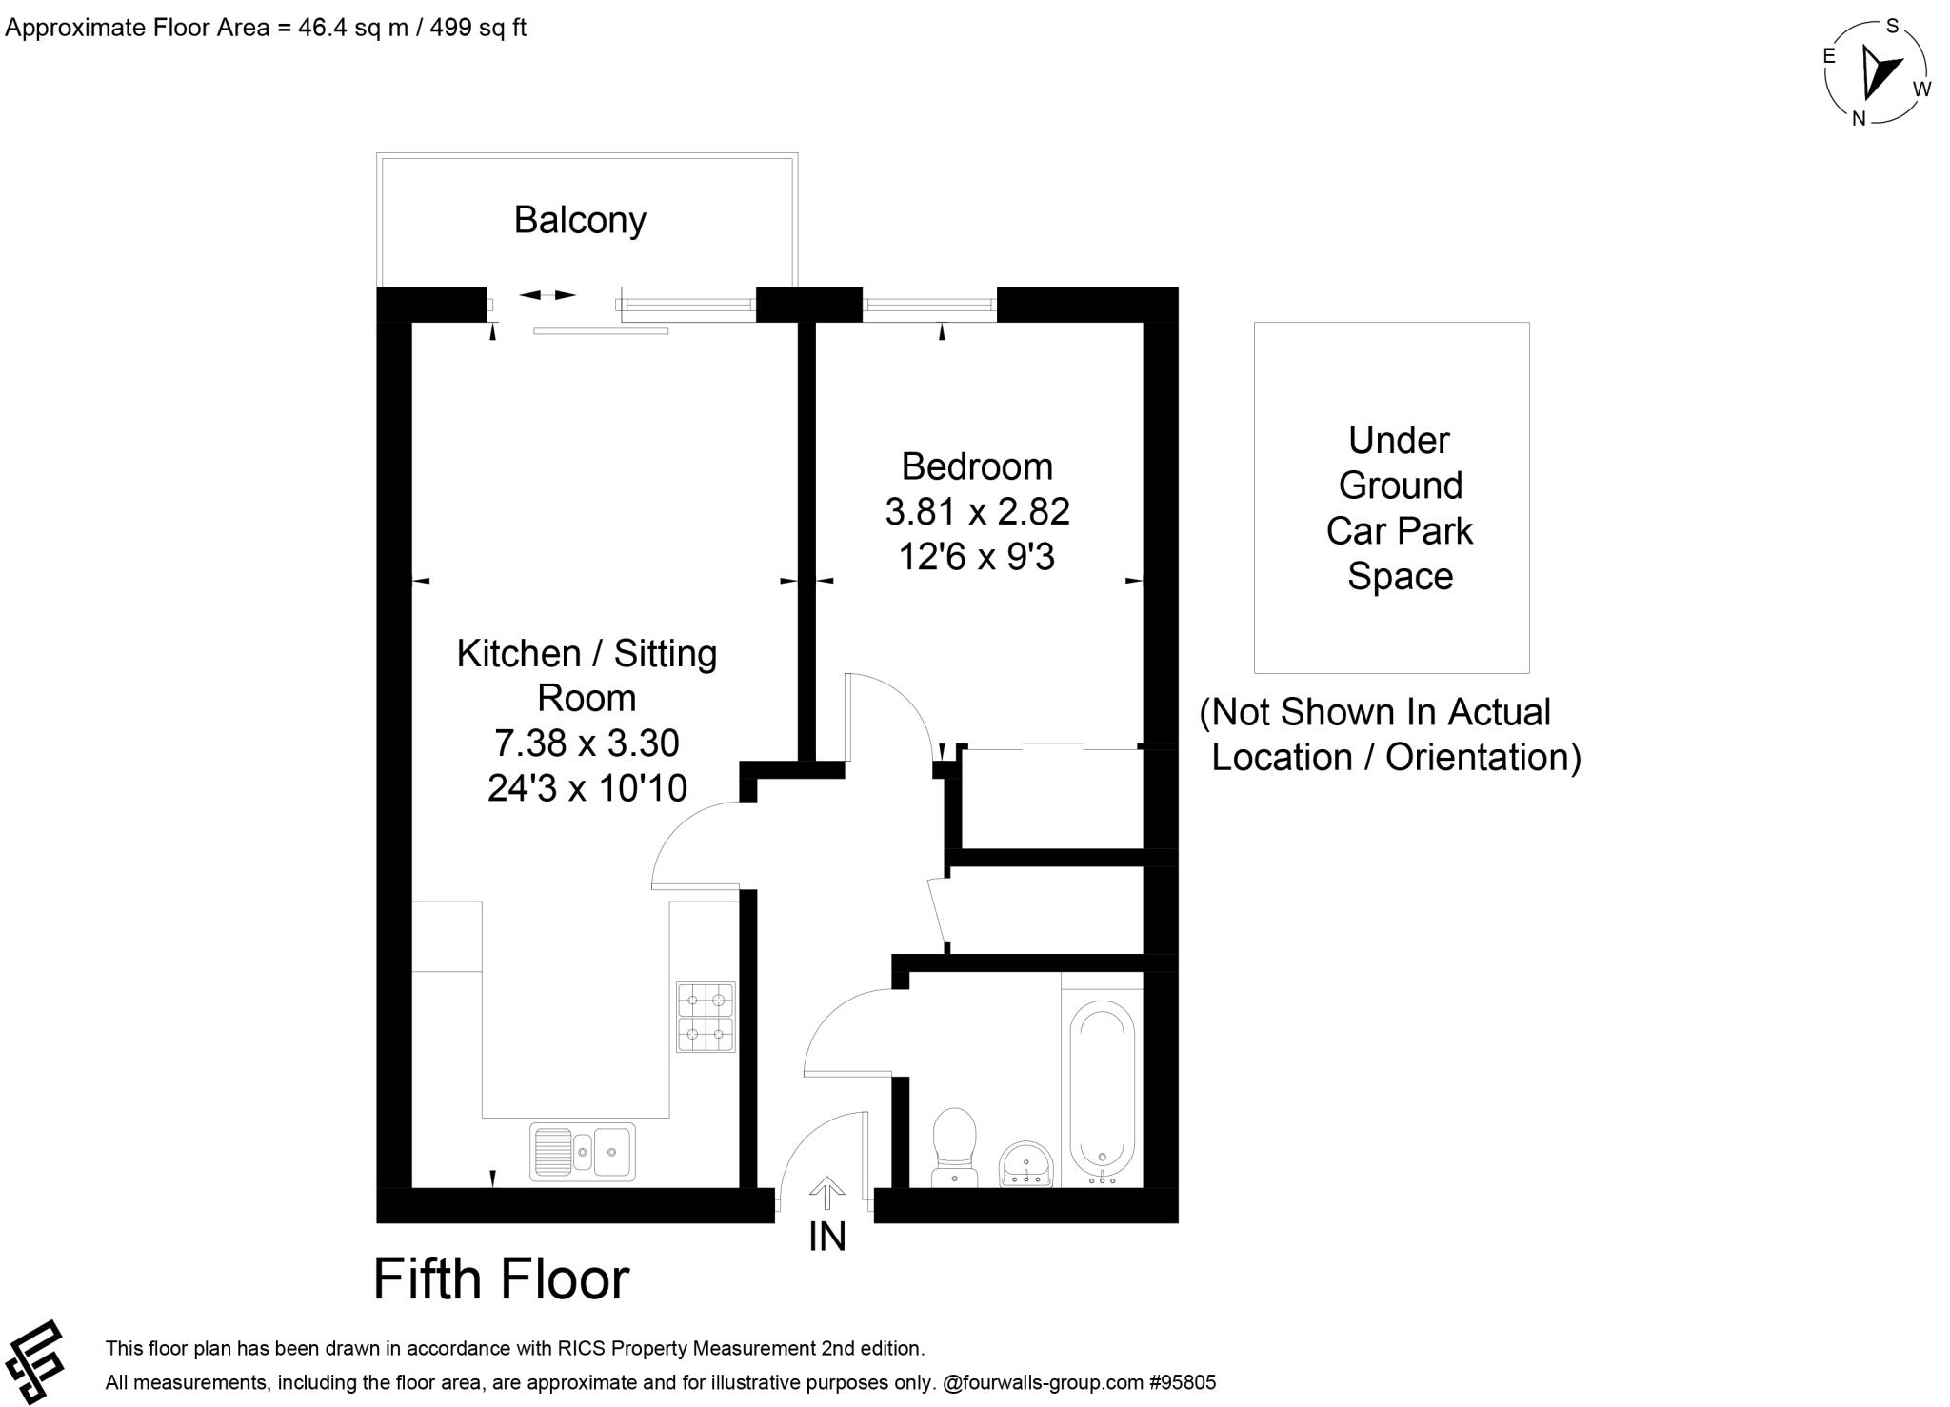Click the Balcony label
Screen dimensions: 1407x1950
tap(580, 220)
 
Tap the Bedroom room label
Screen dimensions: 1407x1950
tap(977, 466)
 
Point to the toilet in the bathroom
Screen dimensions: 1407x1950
tap(955, 1146)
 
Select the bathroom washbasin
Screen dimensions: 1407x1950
tap(1025, 1163)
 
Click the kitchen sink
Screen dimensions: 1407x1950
tap(582, 1151)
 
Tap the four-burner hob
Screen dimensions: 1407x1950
tap(706, 1017)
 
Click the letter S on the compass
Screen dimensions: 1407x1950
tap(1893, 26)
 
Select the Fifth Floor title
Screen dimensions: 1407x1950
tap(501, 1278)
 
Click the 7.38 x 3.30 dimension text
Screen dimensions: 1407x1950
tap(587, 743)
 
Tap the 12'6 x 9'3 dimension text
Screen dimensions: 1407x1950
tap(977, 557)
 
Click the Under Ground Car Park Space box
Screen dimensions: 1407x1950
tap(1391, 497)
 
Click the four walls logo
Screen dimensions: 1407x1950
tap(34, 1361)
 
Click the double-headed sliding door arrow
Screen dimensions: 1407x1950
tap(547, 295)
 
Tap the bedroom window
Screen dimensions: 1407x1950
tap(929, 305)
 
